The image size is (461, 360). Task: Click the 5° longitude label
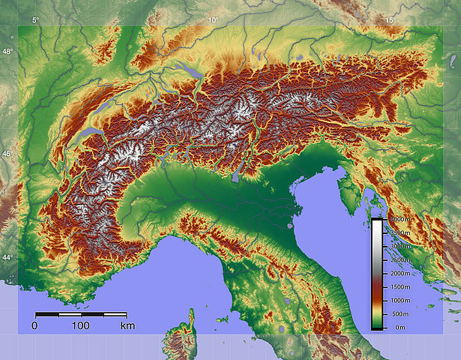click(35, 20)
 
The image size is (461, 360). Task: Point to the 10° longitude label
click(213, 20)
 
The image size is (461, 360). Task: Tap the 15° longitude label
click(390, 20)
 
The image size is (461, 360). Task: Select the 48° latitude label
click(7, 52)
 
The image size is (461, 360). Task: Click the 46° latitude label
click(7, 154)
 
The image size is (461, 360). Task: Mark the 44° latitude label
click(7, 258)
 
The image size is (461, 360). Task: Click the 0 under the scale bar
click(34, 326)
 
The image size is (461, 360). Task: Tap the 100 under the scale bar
click(81, 326)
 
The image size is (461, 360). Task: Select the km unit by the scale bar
click(127, 326)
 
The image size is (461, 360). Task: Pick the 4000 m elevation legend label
click(399, 219)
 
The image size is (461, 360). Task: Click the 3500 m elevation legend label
click(399, 232)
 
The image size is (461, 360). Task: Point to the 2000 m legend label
click(399, 273)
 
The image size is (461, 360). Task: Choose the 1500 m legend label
click(399, 287)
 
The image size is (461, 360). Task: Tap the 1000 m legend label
click(399, 300)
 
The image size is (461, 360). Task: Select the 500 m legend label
click(400, 314)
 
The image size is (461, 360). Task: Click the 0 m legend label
click(400, 328)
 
